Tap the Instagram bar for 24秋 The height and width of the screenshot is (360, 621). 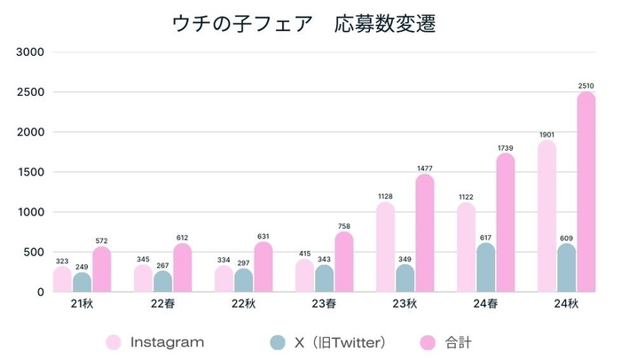click(x=546, y=216)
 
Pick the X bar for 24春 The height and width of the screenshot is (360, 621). click(x=485, y=268)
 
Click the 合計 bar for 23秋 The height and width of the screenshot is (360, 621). click(x=424, y=233)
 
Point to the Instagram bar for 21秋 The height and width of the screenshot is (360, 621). click(x=62, y=279)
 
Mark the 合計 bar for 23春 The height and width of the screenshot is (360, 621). click(x=344, y=262)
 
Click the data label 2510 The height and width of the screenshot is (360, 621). click(x=586, y=86)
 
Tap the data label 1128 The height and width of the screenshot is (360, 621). click(x=385, y=196)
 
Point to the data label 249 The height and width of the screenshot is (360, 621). click(x=83, y=266)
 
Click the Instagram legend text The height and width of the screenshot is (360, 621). click(x=167, y=341)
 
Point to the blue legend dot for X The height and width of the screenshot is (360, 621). click(x=278, y=341)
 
